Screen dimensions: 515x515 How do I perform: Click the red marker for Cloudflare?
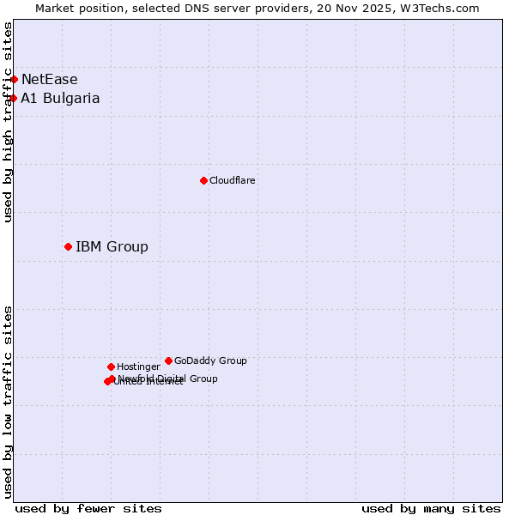point(203,180)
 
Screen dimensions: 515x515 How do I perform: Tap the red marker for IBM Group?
point(68,246)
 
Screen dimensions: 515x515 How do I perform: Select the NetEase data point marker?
point(14,79)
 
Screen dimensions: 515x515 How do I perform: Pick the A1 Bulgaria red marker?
point(13,98)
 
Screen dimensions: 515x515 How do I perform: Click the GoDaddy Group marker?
point(168,360)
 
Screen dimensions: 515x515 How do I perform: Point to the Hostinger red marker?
point(111,367)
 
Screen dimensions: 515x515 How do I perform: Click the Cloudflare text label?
point(233,180)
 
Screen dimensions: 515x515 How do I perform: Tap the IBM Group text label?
point(112,246)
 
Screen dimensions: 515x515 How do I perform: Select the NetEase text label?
point(49,79)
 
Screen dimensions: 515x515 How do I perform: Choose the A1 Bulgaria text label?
point(60,98)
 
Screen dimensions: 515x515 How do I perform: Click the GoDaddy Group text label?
point(210,360)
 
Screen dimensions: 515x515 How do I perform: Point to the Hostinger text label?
point(138,367)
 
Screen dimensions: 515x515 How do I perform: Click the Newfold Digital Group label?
point(167,379)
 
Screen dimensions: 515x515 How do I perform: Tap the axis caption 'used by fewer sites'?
point(88,508)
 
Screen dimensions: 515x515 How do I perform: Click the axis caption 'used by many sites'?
point(431,508)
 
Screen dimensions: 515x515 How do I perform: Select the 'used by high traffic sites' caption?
point(9,122)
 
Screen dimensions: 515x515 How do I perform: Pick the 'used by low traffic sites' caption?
point(9,401)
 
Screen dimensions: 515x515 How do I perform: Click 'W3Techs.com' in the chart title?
point(444,8)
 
